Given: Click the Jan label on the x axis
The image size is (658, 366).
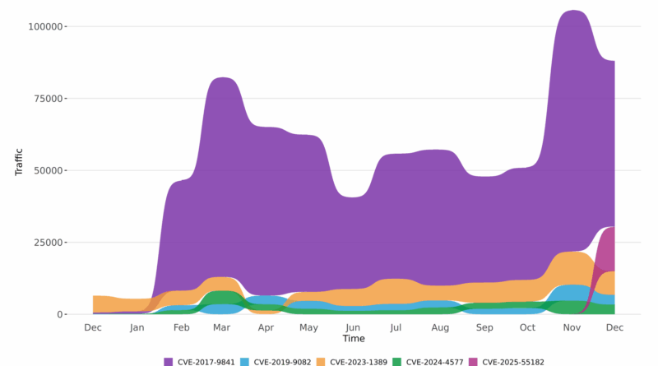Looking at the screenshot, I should click(x=137, y=327).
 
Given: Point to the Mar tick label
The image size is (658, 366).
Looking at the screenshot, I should click(x=222, y=327).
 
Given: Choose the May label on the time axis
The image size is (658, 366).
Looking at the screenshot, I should click(x=308, y=327).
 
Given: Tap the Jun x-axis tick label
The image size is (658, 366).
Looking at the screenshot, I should click(x=353, y=327).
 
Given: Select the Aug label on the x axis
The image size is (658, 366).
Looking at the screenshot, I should click(x=440, y=327).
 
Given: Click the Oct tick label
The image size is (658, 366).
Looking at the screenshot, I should click(x=527, y=327).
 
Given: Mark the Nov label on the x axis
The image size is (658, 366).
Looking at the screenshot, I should click(x=571, y=327).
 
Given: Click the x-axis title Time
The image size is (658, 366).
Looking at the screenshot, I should click(x=354, y=339).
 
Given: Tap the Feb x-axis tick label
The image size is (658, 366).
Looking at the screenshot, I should click(x=181, y=327).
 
